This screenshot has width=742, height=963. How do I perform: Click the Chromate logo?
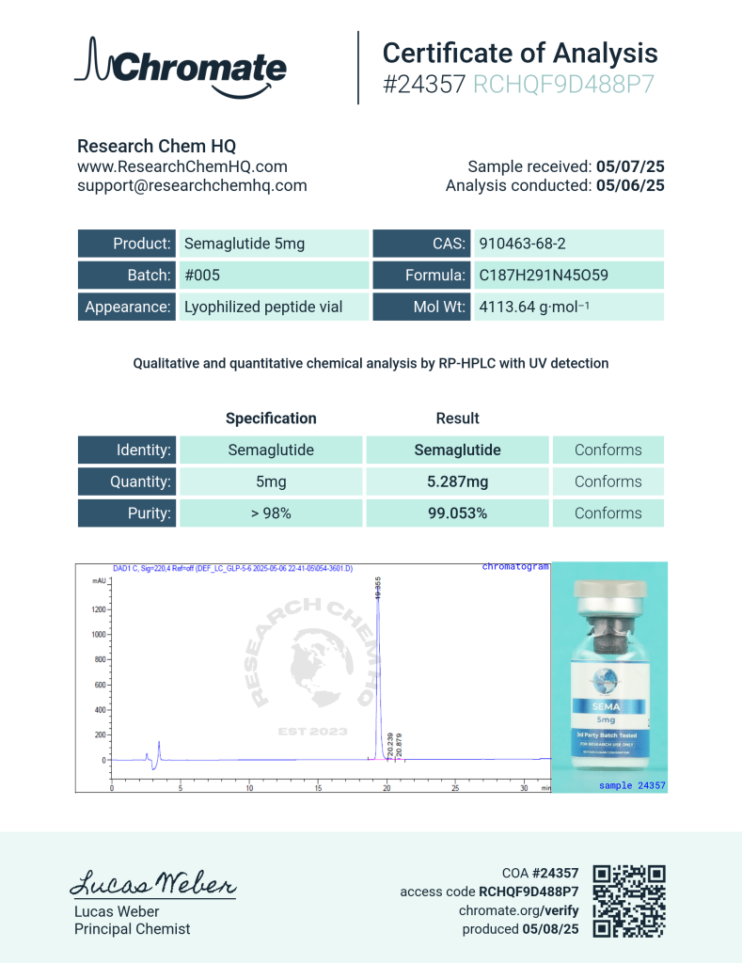(x=181, y=68)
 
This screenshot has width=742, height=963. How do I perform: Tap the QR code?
(x=629, y=901)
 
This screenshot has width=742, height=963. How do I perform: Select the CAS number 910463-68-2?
(x=522, y=244)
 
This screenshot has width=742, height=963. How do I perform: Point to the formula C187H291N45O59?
(x=544, y=276)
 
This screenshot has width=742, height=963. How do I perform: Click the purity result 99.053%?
(x=457, y=513)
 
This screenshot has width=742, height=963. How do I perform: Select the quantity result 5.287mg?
(x=457, y=481)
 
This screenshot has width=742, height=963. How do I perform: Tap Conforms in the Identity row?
(x=608, y=450)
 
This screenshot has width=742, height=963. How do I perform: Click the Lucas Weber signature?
(x=153, y=884)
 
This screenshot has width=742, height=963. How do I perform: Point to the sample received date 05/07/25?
(x=630, y=166)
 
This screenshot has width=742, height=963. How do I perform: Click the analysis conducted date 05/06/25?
(x=630, y=185)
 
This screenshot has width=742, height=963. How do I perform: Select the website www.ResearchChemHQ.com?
(x=182, y=166)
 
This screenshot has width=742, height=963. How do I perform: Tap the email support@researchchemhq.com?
(x=192, y=185)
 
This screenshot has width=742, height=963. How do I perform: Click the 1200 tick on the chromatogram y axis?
(x=97, y=609)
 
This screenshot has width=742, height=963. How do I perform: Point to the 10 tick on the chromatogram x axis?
(x=249, y=787)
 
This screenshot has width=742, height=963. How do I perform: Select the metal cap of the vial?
(x=609, y=597)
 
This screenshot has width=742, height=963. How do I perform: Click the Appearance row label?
(x=128, y=307)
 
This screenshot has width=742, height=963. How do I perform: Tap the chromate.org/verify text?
(x=518, y=910)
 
